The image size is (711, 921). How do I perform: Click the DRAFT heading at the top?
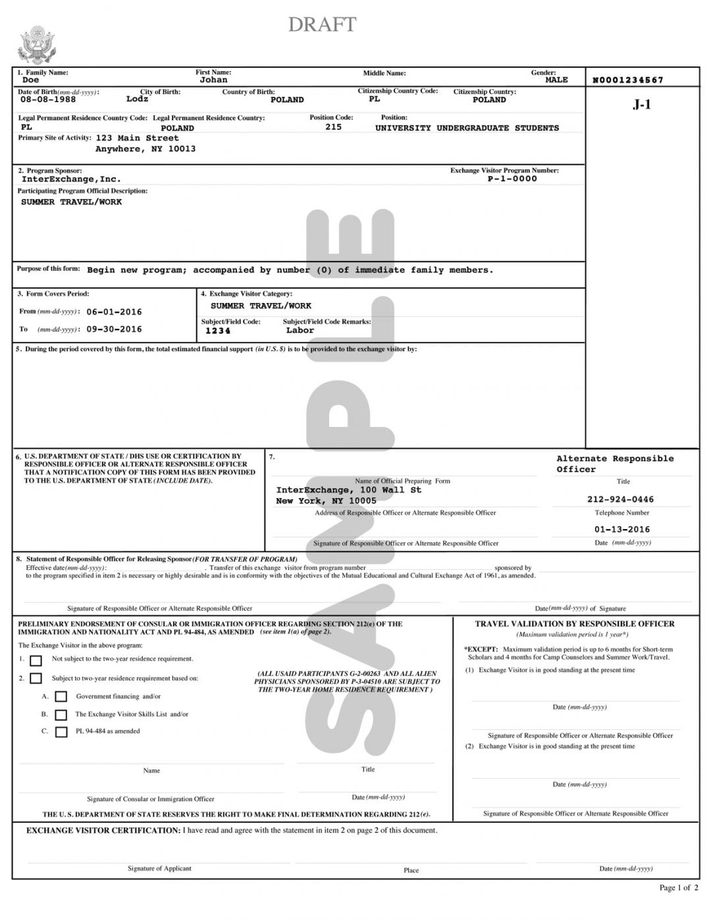(x=322, y=24)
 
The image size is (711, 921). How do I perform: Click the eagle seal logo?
(x=36, y=45)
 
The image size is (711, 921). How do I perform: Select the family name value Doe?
(x=31, y=80)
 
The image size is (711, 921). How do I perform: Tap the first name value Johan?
(x=213, y=80)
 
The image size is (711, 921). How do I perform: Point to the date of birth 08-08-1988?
(x=48, y=99)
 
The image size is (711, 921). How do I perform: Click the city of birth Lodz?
(x=137, y=99)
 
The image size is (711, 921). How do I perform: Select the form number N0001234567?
(x=628, y=80)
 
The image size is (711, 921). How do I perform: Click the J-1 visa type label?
(x=641, y=104)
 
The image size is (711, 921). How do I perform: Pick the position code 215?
(x=333, y=127)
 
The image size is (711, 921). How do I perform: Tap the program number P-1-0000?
(x=512, y=179)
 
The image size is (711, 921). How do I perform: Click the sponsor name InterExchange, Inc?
(x=71, y=179)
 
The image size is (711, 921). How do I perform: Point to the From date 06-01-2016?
(x=114, y=312)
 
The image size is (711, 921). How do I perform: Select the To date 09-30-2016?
(x=114, y=329)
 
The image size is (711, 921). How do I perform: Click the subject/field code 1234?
(x=218, y=331)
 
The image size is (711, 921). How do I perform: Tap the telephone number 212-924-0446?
(x=620, y=499)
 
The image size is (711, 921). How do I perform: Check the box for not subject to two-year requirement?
(x=36, y=660)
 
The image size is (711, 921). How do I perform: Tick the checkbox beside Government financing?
(x=61, y=696)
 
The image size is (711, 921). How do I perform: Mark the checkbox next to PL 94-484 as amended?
(x=61, y=732)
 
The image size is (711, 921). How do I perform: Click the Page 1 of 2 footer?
(x=679, y=887)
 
